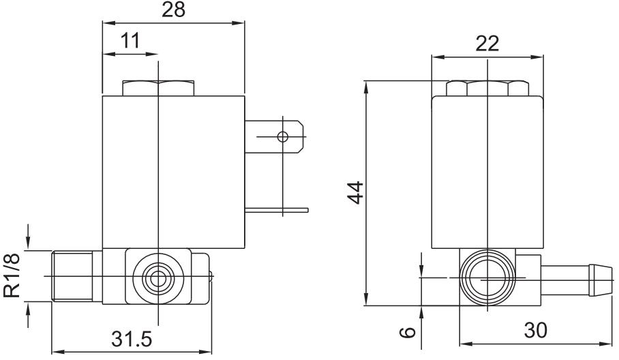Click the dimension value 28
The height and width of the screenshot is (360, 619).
pos(172,10)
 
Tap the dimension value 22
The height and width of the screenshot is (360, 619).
pos(487,43)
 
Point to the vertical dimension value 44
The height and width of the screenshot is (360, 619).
pos(354,192)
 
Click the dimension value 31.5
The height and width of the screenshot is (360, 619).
pos(131,339)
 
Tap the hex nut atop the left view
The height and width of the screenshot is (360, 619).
pos(157,89)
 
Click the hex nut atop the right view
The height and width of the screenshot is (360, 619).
pos(487,89)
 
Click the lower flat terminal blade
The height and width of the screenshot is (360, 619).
pos(276,210)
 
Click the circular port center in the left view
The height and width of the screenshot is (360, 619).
pos(158,277)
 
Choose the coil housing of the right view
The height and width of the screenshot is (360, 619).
pos(487,170)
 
